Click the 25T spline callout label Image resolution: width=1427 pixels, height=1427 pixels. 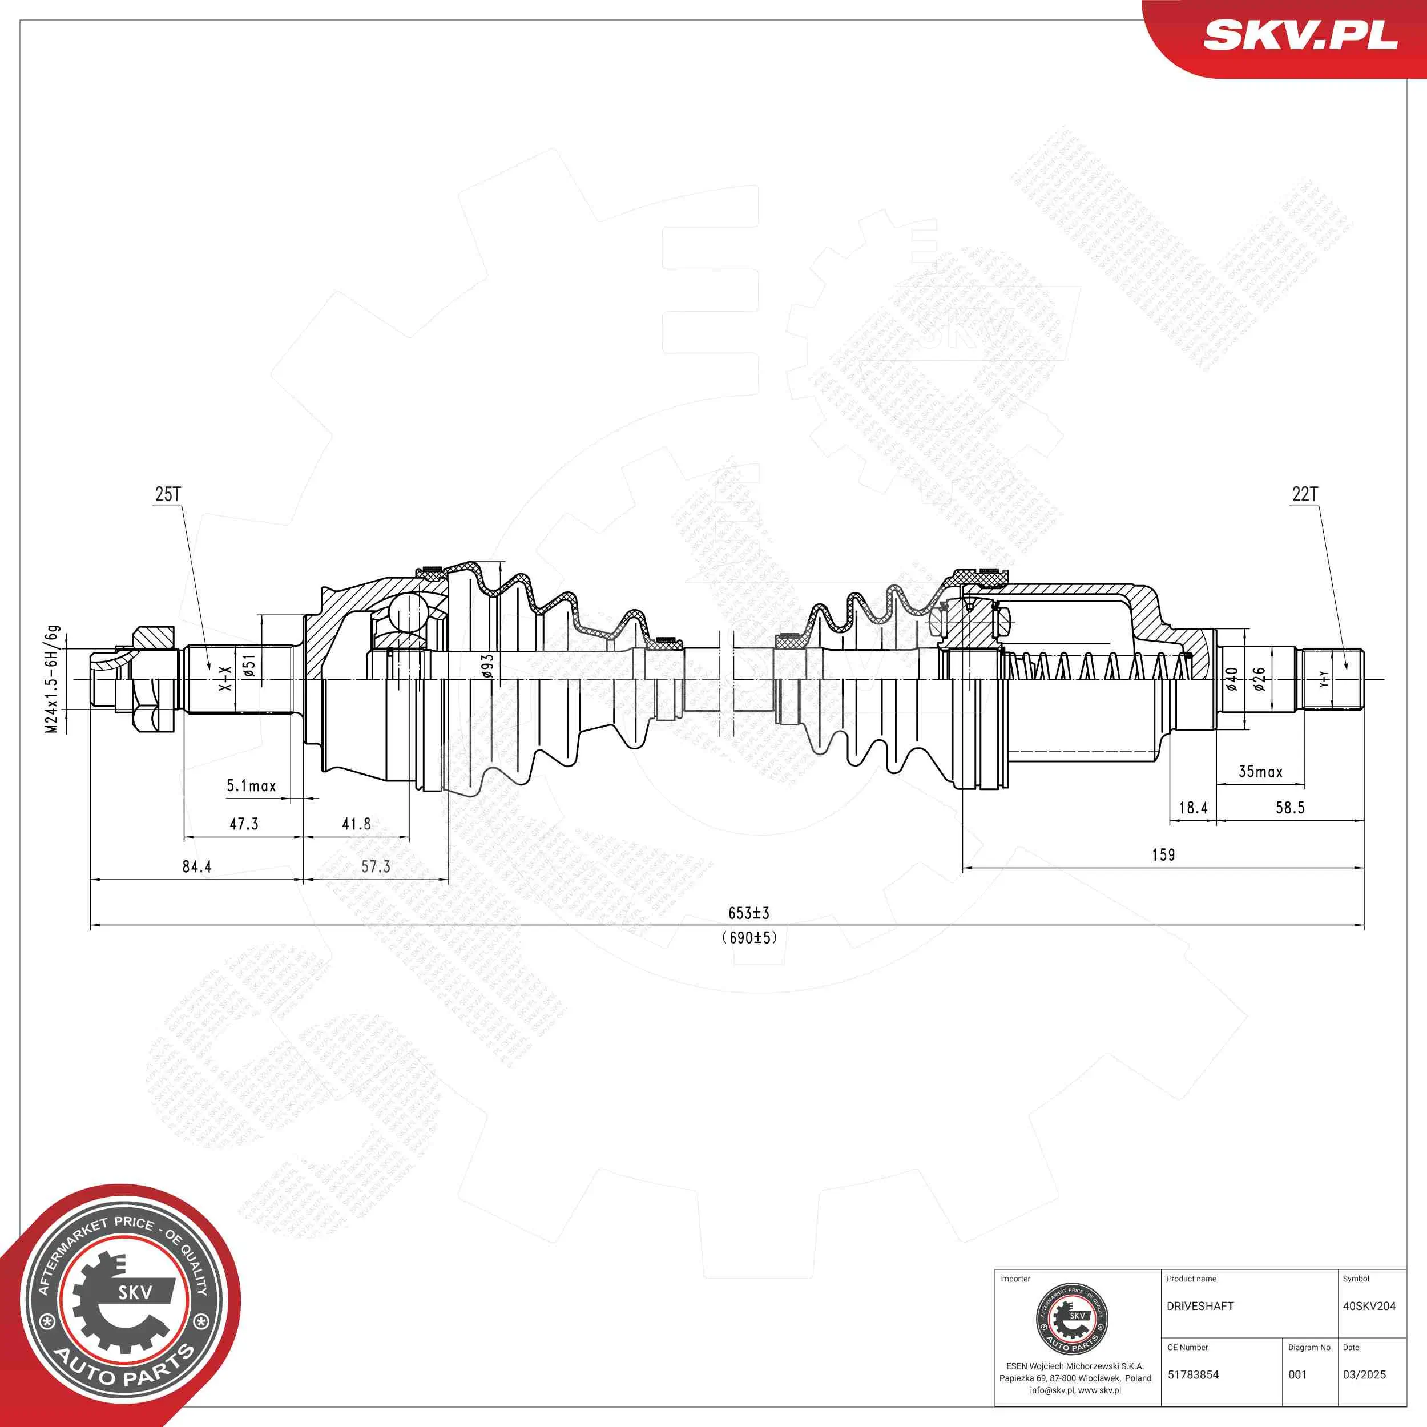point(168,494)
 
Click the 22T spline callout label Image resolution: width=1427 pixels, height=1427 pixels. point(1304,494)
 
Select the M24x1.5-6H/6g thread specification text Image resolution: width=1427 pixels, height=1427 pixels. point(52,679)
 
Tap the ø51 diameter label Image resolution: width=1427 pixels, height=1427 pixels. point(249,666)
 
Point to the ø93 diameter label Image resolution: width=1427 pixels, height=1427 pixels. point(487,666)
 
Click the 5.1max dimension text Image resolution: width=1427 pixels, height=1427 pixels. point(251,786)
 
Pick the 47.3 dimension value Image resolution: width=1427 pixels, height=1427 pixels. point(244,824)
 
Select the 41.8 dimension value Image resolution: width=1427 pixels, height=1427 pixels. point(356,824)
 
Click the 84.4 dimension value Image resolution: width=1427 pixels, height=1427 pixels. point(196,866)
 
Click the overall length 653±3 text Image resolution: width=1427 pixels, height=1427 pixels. point(748,913)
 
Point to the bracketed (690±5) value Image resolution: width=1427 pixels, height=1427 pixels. point(749,937)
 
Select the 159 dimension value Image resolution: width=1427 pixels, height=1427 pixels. point(1163,854)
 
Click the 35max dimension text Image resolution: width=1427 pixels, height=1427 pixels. point(1260,772)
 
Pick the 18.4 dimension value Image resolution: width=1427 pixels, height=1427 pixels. point(1193,807)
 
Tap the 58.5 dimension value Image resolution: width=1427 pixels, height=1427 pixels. point(1289,807)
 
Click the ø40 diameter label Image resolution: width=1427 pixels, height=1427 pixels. point(1231,679)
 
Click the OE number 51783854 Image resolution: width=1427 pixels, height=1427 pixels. point(1193,1374)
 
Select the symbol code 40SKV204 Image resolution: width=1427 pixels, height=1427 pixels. point(1369,1306)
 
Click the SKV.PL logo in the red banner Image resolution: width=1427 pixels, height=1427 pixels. point(1300,35)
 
